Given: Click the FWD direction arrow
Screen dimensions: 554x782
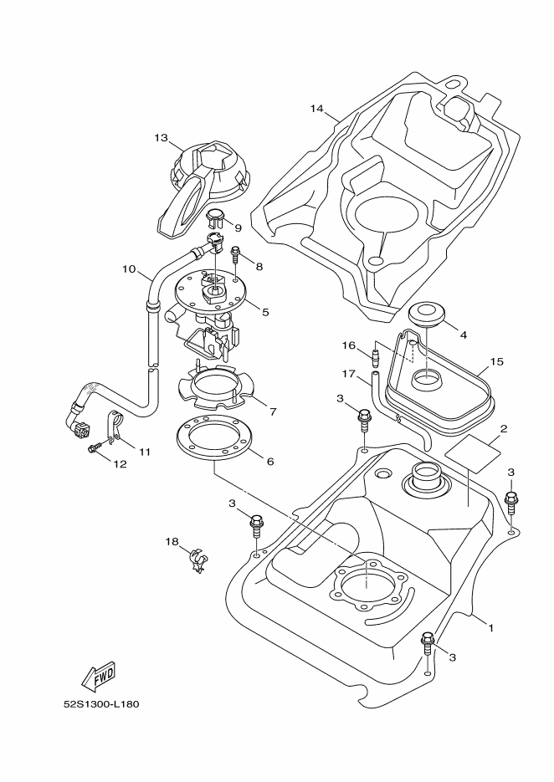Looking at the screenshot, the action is click(x=98, y=677).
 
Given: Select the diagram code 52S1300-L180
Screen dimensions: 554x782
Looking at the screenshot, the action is click(x=101, y=705).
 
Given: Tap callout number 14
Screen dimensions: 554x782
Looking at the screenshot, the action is click(x=316, y=108).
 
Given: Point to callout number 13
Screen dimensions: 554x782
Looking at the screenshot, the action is click(x=162, y=138).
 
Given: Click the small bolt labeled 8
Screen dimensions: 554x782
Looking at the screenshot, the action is click(x=234, y=254).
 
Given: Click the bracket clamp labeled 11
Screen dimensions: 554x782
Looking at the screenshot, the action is click(x=113, y=427).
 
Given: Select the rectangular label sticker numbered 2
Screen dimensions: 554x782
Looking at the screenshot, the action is click(x=472, y=453).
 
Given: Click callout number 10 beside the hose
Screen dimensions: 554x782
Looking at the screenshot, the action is click(x=129, y=269).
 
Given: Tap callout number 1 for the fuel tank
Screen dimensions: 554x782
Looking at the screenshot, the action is click(x=490, y=627).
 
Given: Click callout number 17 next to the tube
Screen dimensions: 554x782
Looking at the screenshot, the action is click(x=348, y=373).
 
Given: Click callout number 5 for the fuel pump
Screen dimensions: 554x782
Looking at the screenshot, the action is click(x=265, y=312).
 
